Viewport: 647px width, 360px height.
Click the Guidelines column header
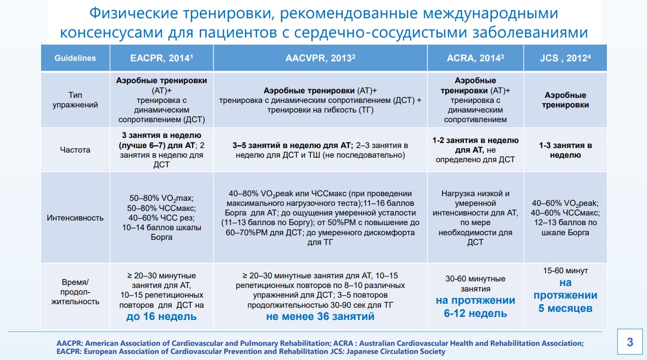point(75,58)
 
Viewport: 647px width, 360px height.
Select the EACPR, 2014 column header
point(161,58)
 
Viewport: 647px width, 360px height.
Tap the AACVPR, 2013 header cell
point(319,58)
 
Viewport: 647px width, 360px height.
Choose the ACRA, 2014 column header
point(475,58)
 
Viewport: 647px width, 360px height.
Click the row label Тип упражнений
point(75,100)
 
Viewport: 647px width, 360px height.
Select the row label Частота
point(75,150)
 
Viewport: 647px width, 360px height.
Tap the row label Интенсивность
point(75,218)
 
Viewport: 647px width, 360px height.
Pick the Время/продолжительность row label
point(75,292)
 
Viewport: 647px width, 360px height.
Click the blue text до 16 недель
point(161,317)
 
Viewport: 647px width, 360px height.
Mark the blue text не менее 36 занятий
point(320,317)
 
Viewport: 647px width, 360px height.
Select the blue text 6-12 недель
point(475,313)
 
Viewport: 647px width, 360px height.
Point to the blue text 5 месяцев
point(565,308)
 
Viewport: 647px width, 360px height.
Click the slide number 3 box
point(630,342)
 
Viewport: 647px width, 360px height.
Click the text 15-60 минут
point(565,271)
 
